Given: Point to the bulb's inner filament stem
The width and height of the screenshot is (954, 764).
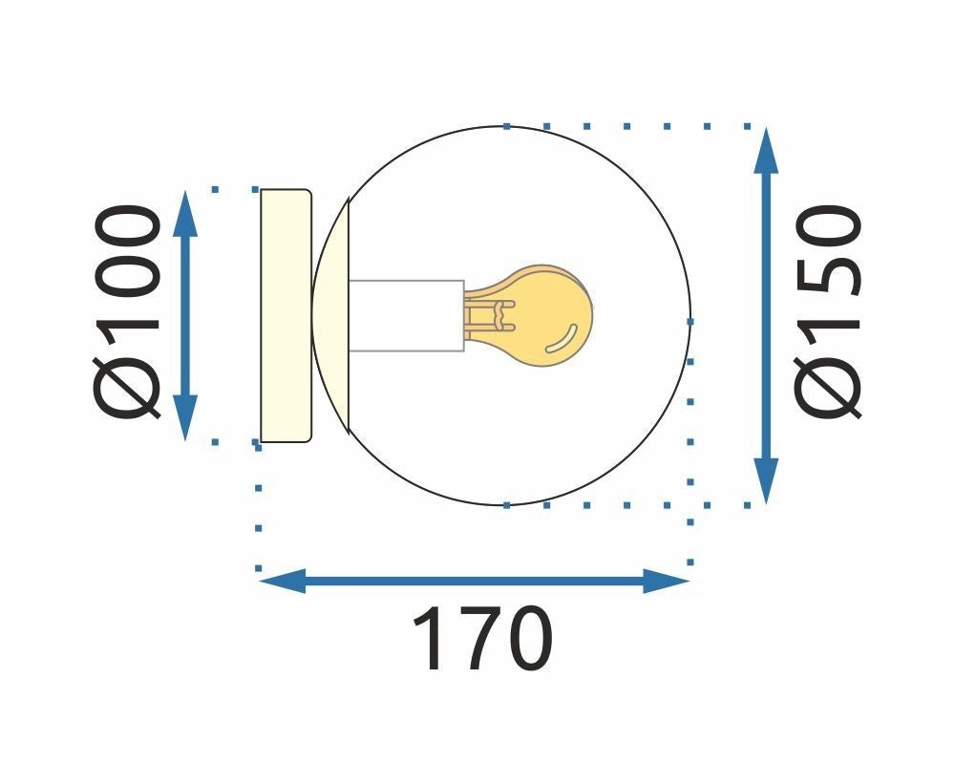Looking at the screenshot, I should point(489,315).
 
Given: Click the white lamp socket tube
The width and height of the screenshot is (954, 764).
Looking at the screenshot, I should point(406,315).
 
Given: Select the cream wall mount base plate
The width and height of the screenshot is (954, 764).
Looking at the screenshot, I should point(286,315).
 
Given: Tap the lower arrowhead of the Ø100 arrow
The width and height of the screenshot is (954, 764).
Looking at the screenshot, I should point(186,418).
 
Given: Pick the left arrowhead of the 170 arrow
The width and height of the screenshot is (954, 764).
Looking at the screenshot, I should point(282,580).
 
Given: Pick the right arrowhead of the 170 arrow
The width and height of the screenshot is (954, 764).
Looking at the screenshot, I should point(666,580).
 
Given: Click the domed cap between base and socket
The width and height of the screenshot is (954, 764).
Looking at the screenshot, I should point(331,315).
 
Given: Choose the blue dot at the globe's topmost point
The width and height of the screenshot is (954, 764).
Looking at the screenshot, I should point(506,126).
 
